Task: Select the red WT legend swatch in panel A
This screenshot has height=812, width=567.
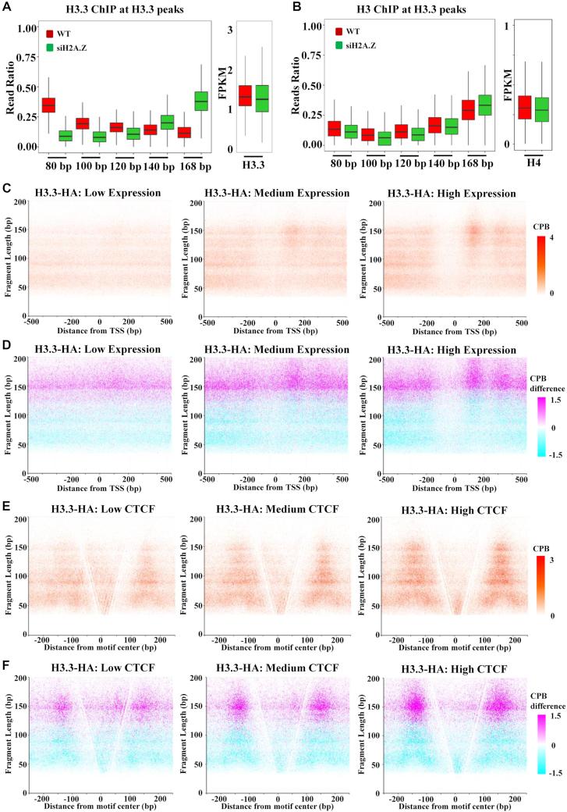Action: pyautogui.click(x=51, y=34)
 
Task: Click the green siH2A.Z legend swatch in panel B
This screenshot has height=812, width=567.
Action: pyautogui.click(x=340, y=45)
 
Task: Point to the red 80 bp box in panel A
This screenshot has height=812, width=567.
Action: pyautogui.click(x=48, y=105)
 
